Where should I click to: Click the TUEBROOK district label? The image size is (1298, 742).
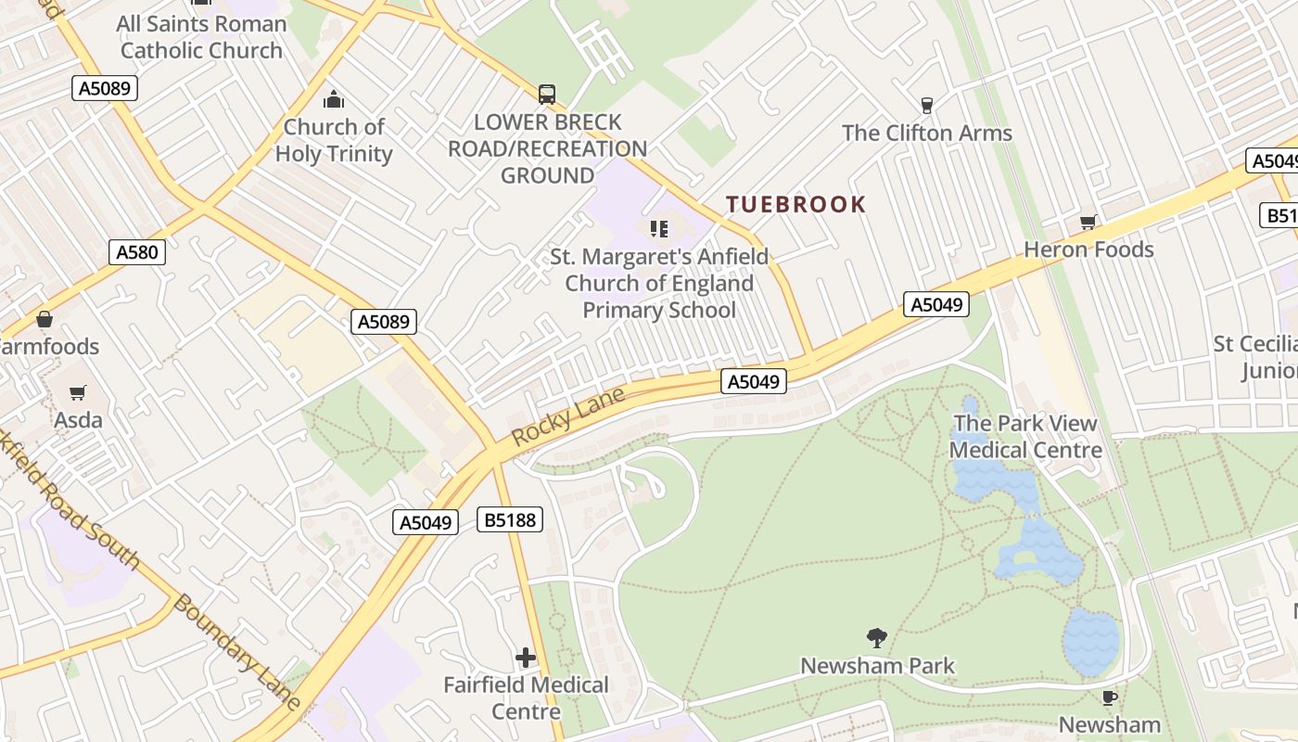(795, 204)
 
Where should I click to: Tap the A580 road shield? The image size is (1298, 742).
(137, 251)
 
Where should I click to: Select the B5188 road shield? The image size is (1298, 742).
(511, 519)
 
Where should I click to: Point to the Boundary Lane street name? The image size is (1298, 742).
(237, 653)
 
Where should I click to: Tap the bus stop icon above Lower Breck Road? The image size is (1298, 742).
(547, 94)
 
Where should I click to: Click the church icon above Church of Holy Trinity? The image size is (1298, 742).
(334, 100)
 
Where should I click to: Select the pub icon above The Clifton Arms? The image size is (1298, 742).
(926, 105)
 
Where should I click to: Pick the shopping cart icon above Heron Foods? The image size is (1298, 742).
(1088, 222)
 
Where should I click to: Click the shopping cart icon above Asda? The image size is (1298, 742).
(78, 392)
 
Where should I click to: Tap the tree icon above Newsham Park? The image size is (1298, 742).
(876, 637)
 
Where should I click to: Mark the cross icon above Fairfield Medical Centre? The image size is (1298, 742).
(526, 658)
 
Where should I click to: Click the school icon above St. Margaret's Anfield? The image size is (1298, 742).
(659, 228)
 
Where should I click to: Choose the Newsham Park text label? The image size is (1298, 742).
(877, 666)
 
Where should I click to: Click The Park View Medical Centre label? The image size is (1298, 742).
(1025, 437)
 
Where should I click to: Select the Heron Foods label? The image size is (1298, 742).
(1088, 249)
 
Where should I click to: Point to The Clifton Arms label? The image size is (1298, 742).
(927, 133)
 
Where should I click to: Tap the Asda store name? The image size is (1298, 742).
(78, 420)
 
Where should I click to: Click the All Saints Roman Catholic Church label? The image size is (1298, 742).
(202, 37)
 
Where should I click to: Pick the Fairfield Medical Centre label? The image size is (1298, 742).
(526, 698)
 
